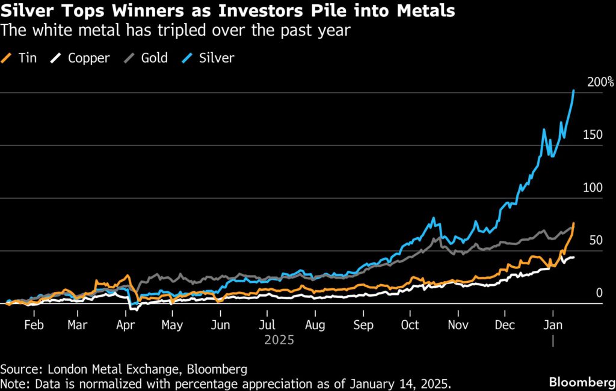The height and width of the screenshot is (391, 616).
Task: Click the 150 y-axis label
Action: coord(593,135)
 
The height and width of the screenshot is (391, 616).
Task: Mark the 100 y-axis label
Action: coord(593,187)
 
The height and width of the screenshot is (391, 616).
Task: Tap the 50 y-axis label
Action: coord(595,240)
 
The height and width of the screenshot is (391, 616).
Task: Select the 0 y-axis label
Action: coord(599,293)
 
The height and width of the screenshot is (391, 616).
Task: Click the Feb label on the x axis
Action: coord(34,325)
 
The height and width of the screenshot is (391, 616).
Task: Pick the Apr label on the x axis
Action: coord(125,325)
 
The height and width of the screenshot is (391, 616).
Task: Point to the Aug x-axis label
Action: coord(315,325)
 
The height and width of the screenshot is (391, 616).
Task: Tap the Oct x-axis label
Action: coord(410,325)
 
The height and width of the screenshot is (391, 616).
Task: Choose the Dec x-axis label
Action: coord(505,325)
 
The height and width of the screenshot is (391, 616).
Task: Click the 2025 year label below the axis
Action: coord(279,340)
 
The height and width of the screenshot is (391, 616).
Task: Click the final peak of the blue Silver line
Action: coord(574,91)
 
